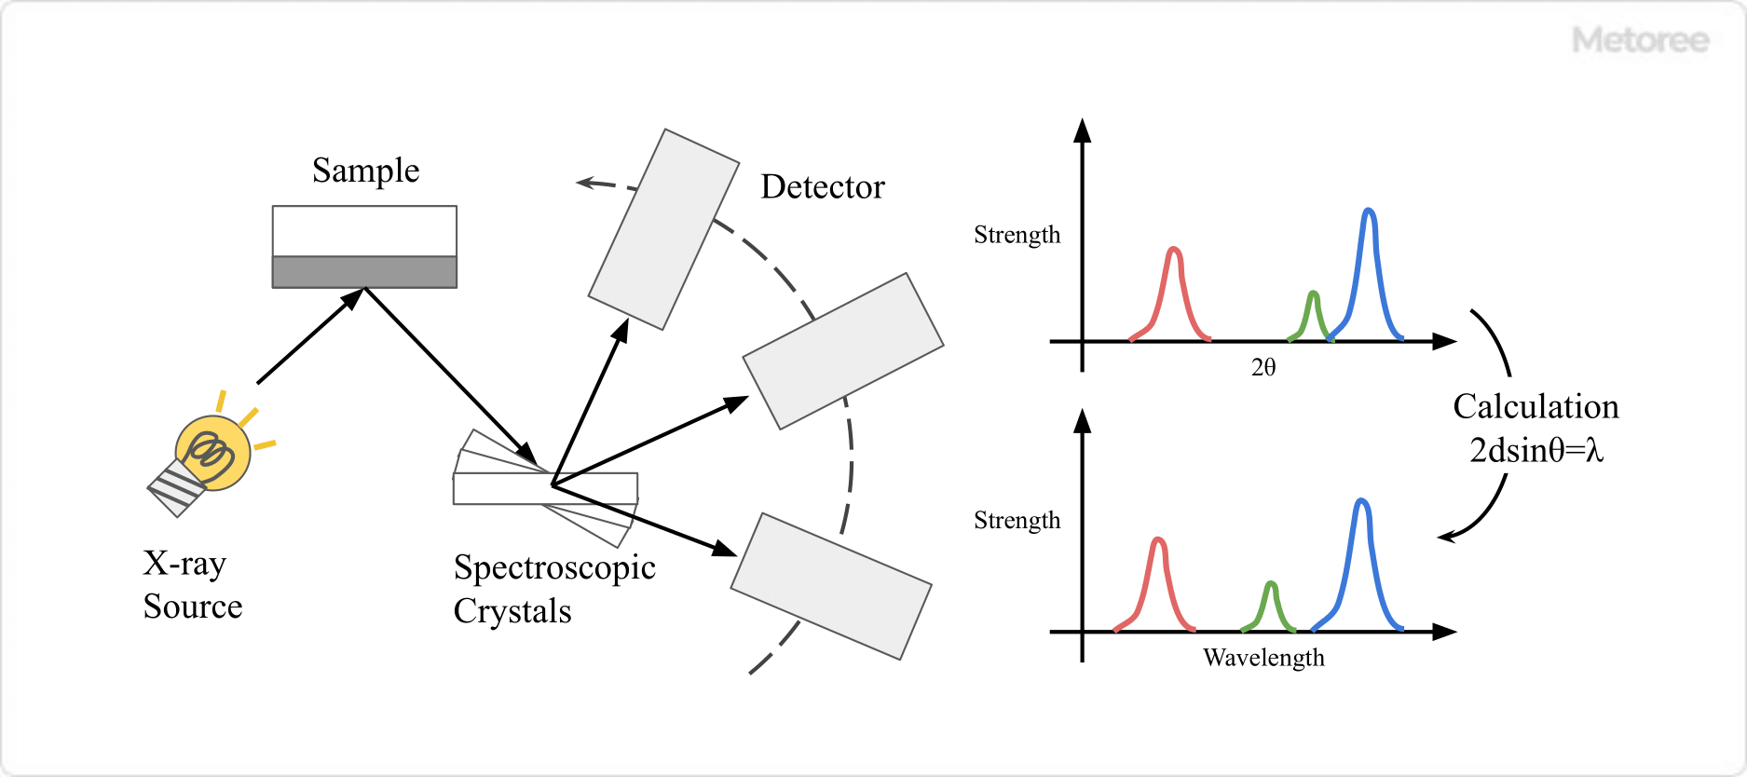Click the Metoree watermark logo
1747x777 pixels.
click(1640, 40)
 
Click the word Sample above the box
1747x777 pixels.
click(365, 170)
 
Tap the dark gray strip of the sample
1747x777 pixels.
click(364, 272)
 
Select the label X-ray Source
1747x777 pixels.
click(192, 584)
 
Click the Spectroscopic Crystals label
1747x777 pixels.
click(553, 589)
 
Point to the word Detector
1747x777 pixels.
click(822, 187)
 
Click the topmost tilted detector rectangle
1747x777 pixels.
click(663, 229)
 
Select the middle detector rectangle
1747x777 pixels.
click(842, 351)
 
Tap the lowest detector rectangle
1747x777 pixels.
click(830, 586)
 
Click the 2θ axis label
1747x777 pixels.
click(1262, 368)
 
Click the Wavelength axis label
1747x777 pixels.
click(1262, 658)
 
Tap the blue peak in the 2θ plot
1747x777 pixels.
click(1368, 270)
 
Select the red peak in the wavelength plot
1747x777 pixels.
click(1157, 578)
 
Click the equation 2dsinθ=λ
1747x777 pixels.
click(1535, 451)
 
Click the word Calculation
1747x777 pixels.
click(1535, 407)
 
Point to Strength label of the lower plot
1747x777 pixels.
click(1017, 521)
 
